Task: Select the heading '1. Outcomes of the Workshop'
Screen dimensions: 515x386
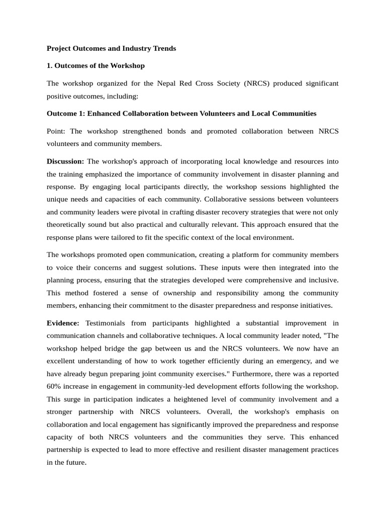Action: pos(95,65)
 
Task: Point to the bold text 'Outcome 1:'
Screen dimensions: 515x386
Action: pos(65,114)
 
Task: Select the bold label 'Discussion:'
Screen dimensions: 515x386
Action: pos(65,161)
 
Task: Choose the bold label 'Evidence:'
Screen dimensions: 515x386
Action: pos(63,323)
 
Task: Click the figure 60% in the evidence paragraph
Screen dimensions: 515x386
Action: pos(55,386)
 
